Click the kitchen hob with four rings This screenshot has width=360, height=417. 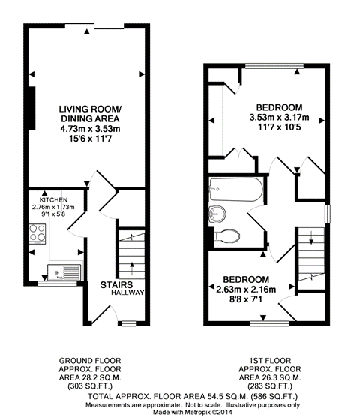click(x=37, y=234)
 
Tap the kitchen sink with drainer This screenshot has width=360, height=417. click(x=64, y=272)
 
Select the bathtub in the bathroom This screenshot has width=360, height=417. click(x=236, y=190)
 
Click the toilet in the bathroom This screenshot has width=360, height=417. click(x=226, y=236)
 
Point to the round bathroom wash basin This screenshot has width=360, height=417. click(x=217, y=214)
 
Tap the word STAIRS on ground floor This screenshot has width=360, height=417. click(x=116, y=285)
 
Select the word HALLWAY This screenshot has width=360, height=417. click(x=127, y=292)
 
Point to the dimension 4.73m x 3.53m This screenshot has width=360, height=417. click(x=91, y=129)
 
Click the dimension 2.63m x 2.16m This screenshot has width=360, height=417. click(x=246, y=289)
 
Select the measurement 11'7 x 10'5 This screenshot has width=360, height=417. click(x=280, y=127)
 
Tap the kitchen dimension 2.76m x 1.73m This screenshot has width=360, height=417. click(x=53, y=207)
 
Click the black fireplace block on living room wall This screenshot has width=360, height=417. click(x=32, y=108)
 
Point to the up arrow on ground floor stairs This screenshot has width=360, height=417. click(x=131, y=268)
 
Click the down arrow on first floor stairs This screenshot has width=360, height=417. click(x=311, y=237)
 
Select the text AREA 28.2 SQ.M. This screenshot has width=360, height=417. click(x=90, y=377)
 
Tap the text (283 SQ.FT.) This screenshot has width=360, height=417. click(x=270, y=386)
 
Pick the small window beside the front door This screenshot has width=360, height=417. click(x=129, y=323)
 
